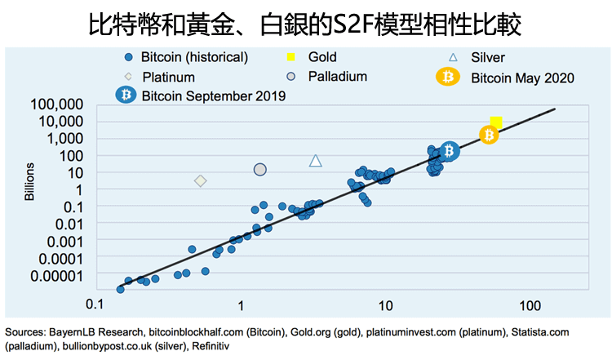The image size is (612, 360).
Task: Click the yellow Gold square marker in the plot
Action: (495, 123)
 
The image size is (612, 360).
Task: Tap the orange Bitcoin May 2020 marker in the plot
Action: (489, 135)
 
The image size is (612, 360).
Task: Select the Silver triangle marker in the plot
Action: (316, 161)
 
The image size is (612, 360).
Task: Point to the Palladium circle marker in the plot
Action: (260, 169)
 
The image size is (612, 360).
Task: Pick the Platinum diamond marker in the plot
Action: (200, 180)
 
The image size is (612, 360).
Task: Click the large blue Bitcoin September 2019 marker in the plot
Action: (450, 150)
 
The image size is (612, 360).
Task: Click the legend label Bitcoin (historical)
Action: (194, 57)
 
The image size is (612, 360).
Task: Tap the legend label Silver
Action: (488, 57)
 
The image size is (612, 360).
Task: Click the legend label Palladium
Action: (338, 77)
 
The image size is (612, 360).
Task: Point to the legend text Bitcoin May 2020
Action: (523, 78)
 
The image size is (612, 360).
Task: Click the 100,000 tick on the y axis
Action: (56, 104)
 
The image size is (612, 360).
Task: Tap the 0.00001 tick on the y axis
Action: (56, 275)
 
